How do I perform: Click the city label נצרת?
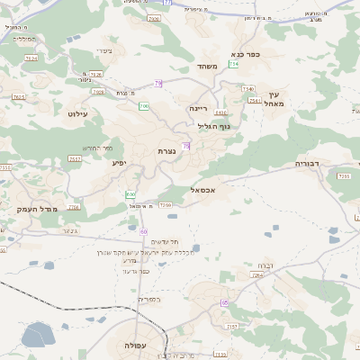pos(166,150)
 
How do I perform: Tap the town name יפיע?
pos(120,163)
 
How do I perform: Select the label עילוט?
pos(76,114)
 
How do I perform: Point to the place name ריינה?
pos(199,108)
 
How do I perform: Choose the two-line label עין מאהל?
pos(274,99)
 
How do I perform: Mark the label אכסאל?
pos(202,190)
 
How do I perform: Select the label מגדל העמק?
pos(37,209)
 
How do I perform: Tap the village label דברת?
pos(265,265)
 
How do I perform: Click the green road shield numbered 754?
pos(234,64)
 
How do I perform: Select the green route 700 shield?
pos(144,106)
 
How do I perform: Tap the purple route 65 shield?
pos(224,302)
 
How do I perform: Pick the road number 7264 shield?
pos(256,275)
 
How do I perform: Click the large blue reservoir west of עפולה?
pos(38,335)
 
